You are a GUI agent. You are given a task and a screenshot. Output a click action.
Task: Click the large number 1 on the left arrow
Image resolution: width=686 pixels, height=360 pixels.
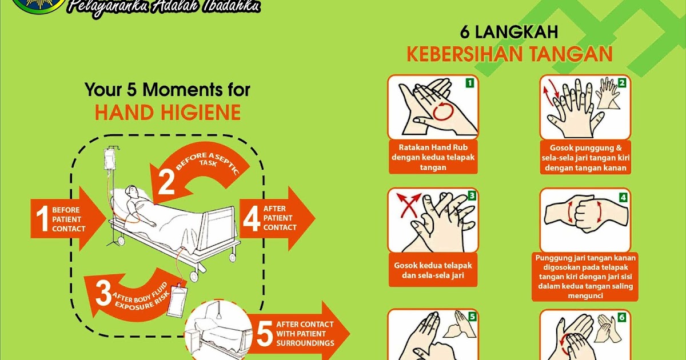tap(42, 218)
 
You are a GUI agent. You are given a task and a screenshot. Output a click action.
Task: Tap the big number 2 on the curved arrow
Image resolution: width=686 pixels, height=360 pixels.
tap(166, 182)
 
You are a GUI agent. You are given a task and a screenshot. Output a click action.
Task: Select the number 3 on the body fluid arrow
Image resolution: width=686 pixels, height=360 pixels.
tap(103, 293)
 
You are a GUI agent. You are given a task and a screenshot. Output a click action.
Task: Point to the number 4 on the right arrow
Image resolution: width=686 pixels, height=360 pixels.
tap(252, 218)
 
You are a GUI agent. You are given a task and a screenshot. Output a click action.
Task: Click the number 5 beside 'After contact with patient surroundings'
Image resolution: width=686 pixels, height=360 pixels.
tap(265, 333)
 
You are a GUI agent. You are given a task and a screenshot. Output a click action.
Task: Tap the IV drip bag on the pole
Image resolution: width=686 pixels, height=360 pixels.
tap(109, 159)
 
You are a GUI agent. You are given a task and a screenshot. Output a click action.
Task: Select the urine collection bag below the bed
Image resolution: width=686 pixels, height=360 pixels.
tap(177, 301)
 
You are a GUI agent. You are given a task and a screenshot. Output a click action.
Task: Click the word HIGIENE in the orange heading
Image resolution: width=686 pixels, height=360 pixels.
tap(201, 113)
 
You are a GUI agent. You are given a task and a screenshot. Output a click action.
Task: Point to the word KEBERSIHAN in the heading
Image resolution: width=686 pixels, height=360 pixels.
tap(465, 54)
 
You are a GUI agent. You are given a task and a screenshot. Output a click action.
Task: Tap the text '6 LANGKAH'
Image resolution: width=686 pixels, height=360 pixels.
tap(509, 32)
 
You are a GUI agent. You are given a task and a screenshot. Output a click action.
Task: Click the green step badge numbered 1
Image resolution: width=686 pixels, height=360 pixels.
tap(470, 83)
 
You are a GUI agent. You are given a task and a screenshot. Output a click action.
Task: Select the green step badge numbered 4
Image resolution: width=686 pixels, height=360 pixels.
tap(623, 198)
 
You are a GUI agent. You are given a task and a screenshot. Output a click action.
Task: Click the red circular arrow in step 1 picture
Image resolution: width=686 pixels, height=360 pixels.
tap(443, 111)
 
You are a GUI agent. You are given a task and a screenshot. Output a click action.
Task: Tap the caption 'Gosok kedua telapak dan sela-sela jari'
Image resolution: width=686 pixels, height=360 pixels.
tap(433, 270)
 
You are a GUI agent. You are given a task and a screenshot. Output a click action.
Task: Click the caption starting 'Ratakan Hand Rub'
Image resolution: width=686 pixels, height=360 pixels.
tap(433, 157)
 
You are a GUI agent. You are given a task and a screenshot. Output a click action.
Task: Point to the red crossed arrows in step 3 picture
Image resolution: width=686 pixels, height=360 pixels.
tap(409, 205)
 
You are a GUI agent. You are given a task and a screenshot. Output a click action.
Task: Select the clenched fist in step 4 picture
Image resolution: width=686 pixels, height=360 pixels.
tap(585, 216)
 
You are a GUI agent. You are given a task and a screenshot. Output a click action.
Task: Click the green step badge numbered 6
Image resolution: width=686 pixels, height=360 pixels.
tap(622, 318)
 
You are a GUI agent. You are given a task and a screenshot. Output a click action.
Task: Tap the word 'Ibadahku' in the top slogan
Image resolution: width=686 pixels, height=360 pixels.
tap(232, 7)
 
